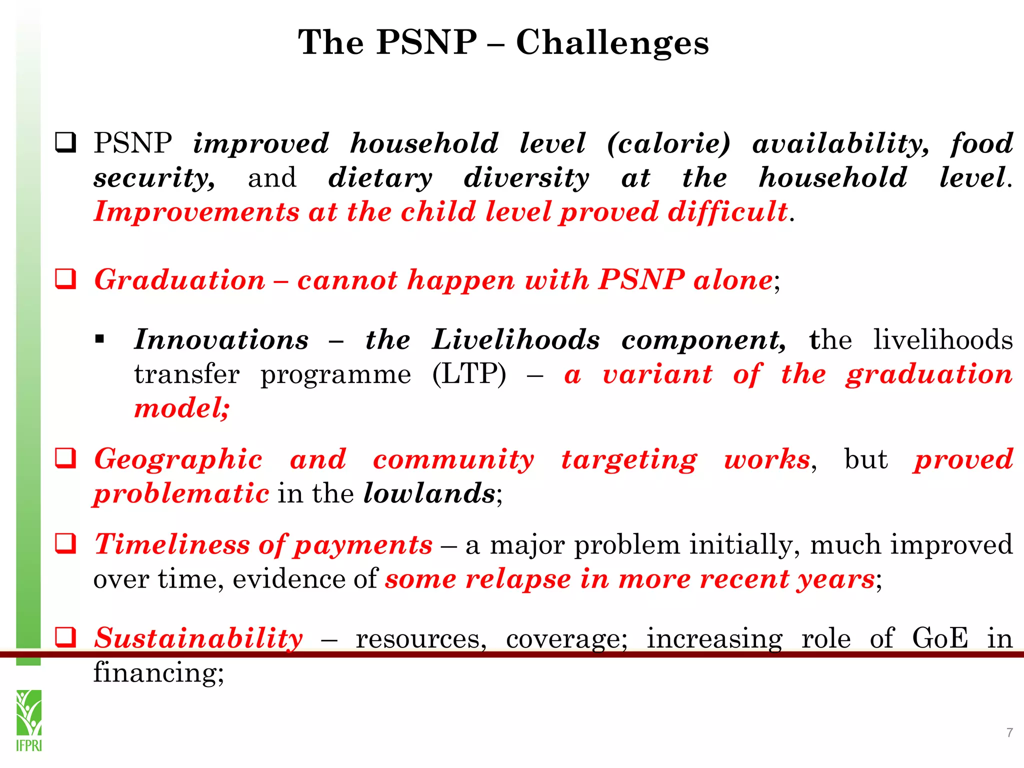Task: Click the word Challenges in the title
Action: (612, 43)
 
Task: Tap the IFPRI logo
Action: (29, 720)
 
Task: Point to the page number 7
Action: (1009, 732)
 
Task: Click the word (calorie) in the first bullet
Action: (668, 143)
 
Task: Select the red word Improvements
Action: (196, 211)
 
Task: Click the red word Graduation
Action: (179, 279)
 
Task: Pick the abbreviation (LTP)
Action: (469, 374)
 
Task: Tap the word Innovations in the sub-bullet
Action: (221, 340)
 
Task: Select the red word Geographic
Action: (178, 459)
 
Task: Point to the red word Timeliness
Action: (172, 544)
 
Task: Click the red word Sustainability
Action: (198, 638)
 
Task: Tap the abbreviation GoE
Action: (939, 638)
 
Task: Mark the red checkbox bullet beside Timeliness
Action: (65, 543)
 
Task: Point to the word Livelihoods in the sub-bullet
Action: (515, 340)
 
